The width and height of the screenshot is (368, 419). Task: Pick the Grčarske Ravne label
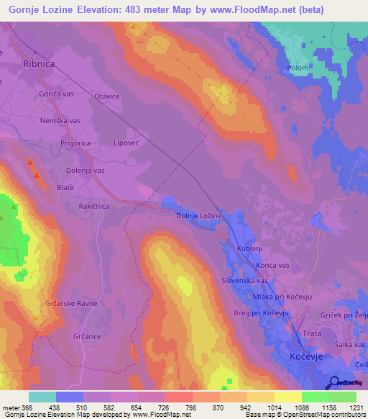[71, 303]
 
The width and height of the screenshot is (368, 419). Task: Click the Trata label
[312, 333]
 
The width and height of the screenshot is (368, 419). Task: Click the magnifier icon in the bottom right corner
[334, 382]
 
